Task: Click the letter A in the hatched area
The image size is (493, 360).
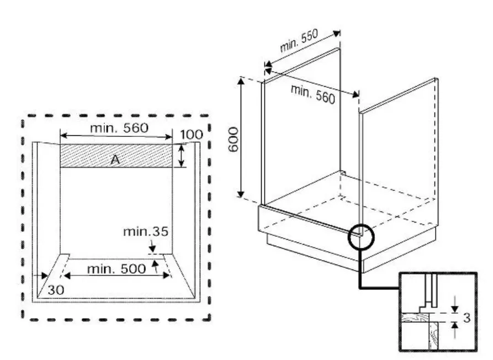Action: [x=115, y=160]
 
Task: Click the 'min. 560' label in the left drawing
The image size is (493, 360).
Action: [x=120, y=128]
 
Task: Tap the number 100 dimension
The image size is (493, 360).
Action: [x=191, y=134]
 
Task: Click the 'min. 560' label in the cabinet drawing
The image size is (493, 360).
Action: [x=312, y=93]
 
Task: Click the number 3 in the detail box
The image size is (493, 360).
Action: [x=467, y=318]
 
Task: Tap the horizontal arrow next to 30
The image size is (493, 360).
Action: [x=40, y=275]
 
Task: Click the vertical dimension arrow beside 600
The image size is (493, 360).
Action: [x=241, y=137]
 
